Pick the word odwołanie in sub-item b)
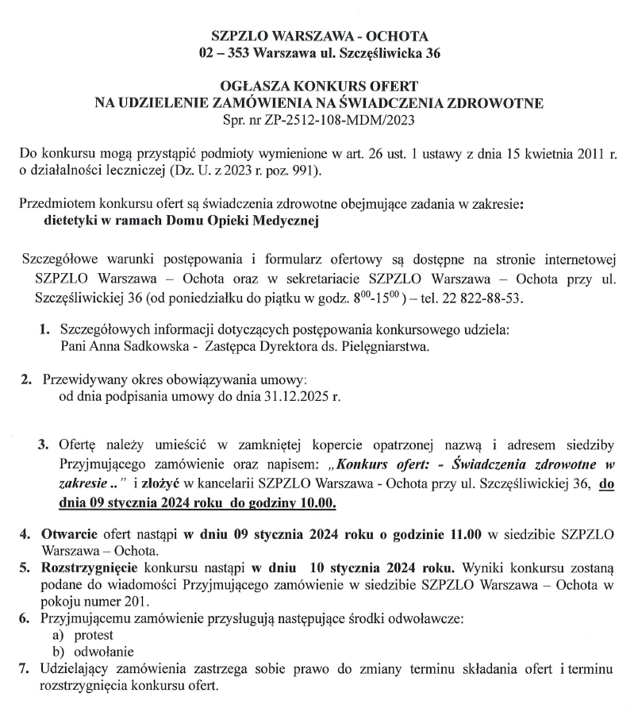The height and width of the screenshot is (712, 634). (x=102, y=651)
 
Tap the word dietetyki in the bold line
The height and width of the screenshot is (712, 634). (x=71, y=221)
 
